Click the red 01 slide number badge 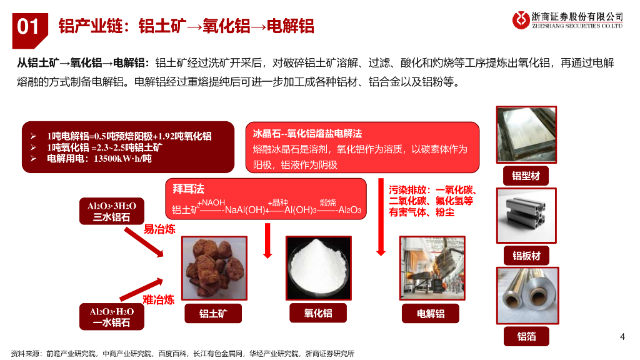click(x=30, y=29)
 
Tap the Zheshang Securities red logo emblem click(x=521, y=20)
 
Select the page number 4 click(x=622, y=337)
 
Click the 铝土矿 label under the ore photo click(x=213, y=314)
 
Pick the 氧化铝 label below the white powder click(x=318, y=313)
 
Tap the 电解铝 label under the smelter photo click(x=431, y=314)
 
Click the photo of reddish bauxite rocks click(x=214, y=267)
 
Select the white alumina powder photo click(x=318, y=267)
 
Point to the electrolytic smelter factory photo click(x=432, y=267)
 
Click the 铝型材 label click(x=526, y=176)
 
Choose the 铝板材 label click(x=526, y=256)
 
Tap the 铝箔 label click(x=526, y=336)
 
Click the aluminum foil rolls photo click(x=527, y=296)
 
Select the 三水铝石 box click(x=111, y=211)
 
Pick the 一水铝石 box click(x=111, y=317)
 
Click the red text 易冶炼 click(x=159, y=229)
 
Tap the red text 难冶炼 click(x=158, y=300)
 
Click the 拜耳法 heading click(x=188, y=189)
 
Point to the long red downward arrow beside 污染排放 click(x=381, y=217)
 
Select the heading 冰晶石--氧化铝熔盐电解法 click(x=307, y=134)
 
